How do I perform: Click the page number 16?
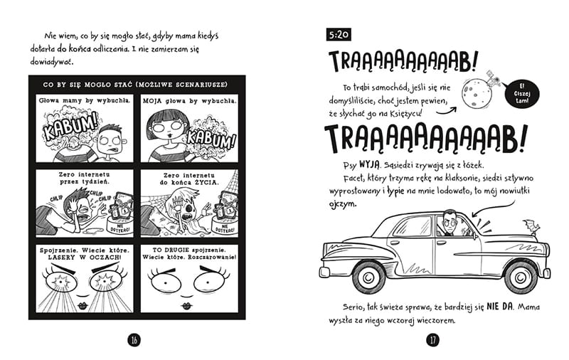133,339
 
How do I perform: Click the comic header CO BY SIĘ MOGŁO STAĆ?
135,85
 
